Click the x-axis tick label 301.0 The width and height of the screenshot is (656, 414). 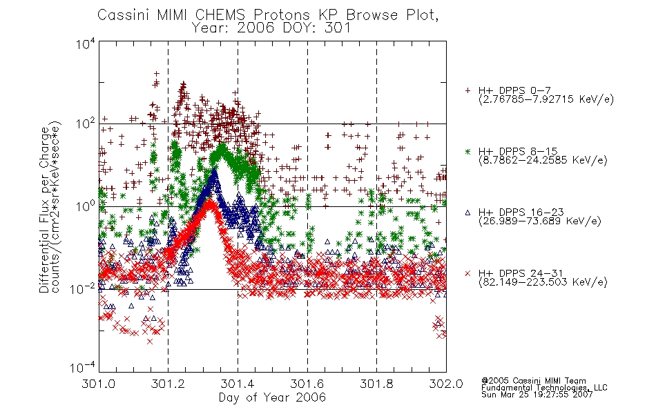98,384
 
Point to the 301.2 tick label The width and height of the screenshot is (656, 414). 168,384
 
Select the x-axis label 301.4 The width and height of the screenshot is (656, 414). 238,384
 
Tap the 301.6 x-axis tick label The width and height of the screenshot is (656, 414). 307,384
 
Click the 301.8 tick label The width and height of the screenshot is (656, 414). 376,384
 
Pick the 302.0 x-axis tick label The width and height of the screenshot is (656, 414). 446,384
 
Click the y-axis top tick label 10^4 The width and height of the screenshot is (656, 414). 86,43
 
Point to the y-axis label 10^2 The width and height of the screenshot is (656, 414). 86,124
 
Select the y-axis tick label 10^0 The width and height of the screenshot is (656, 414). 86,207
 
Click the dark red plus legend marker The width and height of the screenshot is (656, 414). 467,90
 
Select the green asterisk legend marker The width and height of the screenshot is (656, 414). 467,151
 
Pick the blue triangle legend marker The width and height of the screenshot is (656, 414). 467,213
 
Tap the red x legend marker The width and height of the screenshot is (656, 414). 467,273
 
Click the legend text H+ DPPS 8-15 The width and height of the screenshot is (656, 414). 518,151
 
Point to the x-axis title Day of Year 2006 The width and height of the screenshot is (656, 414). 272,397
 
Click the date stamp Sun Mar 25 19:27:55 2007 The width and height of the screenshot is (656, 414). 537,395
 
